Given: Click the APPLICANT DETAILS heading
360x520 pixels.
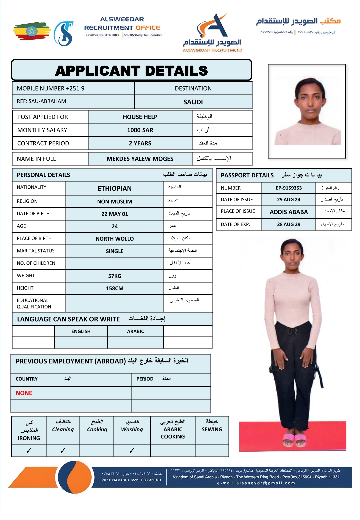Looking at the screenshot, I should tap(132, 71).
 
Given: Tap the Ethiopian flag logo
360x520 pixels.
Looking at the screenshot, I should tap(31, 31).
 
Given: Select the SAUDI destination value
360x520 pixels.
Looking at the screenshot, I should tap(193, 102).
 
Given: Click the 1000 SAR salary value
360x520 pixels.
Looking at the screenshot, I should tap(140, 130).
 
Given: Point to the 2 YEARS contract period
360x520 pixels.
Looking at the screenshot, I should tap(140, 143).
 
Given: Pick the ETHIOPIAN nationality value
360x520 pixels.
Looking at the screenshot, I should tap(115, 188).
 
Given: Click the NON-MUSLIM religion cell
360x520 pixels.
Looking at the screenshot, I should tap(115, 201).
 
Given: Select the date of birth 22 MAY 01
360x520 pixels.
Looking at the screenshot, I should tap(115, 214).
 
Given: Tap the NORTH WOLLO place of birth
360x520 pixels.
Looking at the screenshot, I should tap(115, 239).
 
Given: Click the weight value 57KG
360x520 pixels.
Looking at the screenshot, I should tap(115, 276).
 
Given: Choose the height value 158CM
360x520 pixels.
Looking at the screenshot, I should tap(115, 288).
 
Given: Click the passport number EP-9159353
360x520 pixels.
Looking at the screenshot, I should tap(289, 188).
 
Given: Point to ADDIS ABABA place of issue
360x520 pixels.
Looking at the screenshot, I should tap(289, 212).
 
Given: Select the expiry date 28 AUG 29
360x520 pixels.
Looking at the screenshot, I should tap(289, 224).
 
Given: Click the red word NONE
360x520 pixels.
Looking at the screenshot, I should tap(24, 393).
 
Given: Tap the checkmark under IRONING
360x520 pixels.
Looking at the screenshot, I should tap(29, 451).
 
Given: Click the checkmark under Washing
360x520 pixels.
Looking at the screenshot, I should tap(132, 451).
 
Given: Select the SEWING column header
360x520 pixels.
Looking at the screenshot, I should tap(212, 429).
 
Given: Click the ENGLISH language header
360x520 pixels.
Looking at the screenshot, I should tap(81, 331).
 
